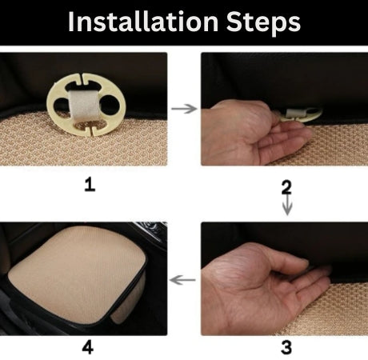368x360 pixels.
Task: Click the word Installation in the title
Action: pos(143,22)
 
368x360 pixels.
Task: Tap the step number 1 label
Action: pos(90,185)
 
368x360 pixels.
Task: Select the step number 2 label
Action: pos(286,187)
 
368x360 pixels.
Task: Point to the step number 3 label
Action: pos(286,347)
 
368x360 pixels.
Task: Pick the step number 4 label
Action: pos(88,348)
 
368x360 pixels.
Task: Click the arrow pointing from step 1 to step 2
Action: pos(184,109)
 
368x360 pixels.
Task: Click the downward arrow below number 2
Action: pos(287,205)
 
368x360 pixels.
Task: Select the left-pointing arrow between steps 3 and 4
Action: pos(182,280)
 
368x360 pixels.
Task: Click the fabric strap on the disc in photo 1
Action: pos(84,106)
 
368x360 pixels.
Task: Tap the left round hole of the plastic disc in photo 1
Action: pos(61,106)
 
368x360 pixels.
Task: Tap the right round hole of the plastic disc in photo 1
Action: pos(110,106)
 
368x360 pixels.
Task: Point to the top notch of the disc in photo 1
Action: pos(82,78)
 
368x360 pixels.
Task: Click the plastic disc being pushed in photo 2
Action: pos(302,115)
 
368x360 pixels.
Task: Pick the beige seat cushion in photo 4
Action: pos(78,274)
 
